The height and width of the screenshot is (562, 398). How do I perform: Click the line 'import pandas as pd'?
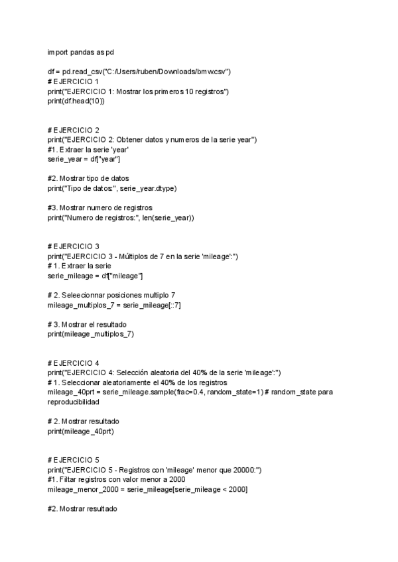81,52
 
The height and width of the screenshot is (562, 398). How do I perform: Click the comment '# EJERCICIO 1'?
73,81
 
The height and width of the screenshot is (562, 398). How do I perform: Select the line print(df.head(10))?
76,101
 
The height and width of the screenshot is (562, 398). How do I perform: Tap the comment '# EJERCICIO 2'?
73,130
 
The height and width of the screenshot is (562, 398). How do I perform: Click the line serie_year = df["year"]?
84,160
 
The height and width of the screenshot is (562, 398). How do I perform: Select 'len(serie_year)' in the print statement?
171,217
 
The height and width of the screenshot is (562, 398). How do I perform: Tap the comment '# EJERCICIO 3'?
73,247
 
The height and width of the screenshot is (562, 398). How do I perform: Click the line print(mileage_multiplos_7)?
91,334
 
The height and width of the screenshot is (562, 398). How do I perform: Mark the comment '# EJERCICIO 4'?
73,363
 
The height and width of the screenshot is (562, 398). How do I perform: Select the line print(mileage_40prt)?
81,431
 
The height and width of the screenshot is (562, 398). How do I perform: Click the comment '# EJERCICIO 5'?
73,461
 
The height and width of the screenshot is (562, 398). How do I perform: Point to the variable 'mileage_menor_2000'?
82,490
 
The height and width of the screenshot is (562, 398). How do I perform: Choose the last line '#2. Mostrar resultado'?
82,509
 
